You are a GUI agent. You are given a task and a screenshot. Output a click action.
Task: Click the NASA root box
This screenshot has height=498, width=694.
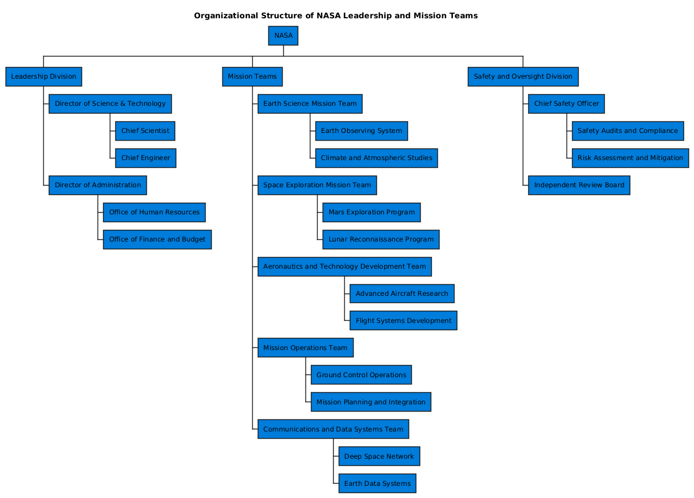coord(283,35)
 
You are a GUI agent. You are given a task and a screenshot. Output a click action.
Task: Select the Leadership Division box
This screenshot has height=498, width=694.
coord(44,76)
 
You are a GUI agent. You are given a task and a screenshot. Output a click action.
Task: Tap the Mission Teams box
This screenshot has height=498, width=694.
coord(252,76)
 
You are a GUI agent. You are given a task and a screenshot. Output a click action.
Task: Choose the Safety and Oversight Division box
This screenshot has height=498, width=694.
coord(523,76)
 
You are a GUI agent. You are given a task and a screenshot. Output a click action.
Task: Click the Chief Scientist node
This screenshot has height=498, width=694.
coord(145,131)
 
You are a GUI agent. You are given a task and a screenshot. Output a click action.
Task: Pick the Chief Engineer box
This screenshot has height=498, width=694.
coord(146,158)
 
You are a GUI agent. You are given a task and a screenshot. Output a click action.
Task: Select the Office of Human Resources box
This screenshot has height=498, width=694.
coord(154,212)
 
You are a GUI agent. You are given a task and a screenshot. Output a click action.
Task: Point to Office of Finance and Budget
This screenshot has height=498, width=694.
coord(157,239)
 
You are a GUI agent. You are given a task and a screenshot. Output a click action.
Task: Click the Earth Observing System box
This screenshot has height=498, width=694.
coord(361,131)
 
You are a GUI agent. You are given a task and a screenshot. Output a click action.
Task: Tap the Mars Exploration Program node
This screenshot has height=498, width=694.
coord(371,212)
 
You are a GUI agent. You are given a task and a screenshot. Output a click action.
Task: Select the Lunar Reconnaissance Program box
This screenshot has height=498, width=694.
coord(381,239)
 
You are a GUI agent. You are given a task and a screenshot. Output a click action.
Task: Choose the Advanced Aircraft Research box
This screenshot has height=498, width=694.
coord(402,294)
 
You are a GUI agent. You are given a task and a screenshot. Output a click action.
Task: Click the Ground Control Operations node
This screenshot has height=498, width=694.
coord(361,375)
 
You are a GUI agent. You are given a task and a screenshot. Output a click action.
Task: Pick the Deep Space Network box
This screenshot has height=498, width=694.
coord(379,456)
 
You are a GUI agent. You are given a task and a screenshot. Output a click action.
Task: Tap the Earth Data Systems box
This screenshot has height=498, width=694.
coord(377,484)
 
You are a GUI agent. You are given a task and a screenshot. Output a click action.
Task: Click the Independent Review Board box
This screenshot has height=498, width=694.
coord(579,185)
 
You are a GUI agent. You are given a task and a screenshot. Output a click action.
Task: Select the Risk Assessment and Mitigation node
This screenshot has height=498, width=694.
coord(630,158)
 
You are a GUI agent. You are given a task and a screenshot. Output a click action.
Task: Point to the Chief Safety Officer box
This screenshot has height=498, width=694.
coord(567,104)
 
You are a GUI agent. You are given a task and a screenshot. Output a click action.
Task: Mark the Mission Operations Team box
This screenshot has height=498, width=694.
coord(305,348)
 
